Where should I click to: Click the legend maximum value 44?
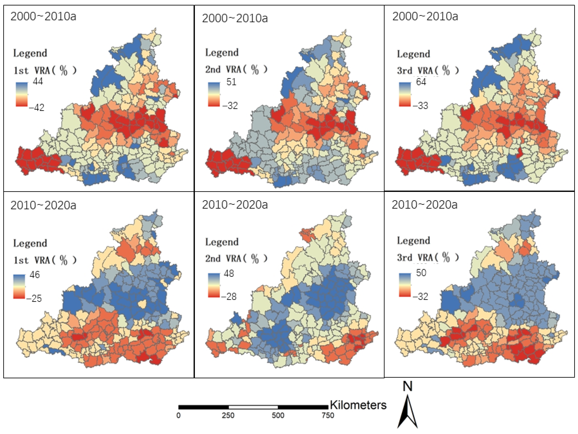pyautogui.click(x=38, y=81)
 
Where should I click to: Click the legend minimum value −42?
pyautogui.click(x=37, y=107)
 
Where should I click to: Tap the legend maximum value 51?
pyautogui.click(x=231, y=82)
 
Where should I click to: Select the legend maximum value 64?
pyautogui.click(x=421, y=82)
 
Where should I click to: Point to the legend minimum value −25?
pyautogui.click(x=34, y=298)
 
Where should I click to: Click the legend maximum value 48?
pyautogui.click(x=229, y=273)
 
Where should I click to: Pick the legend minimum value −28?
pyautogui.click(x=229, y=296)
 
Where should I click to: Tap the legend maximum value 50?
pyautogui.click(x=421, y=273)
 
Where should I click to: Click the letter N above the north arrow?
pyautogui.click(x=407, y=386)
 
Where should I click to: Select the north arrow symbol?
pyautogui.click(x=407, y=412)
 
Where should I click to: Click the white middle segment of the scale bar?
pyautogui.click(x=253, y=407)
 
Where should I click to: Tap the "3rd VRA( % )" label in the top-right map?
pyautogui.click(x=428, y=70)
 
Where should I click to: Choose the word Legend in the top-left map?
pyautogui.click(x=30, y=53)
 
